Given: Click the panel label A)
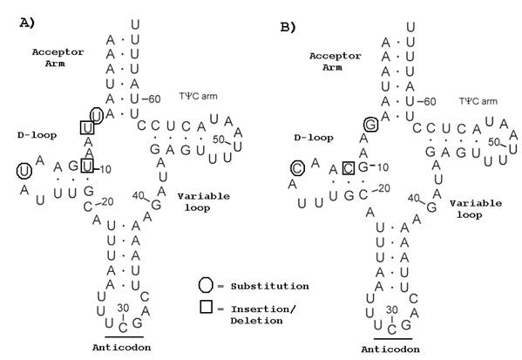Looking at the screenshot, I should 27,24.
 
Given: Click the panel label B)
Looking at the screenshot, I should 288,27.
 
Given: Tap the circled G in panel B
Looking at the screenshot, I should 369,126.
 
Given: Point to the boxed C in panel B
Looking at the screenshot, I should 348,166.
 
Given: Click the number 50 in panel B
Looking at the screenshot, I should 493,141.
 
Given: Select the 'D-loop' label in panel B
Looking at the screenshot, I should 309,138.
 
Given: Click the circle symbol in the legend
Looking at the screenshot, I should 204,285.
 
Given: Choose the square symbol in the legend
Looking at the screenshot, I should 204,309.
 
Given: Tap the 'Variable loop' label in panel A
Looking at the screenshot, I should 204,202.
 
